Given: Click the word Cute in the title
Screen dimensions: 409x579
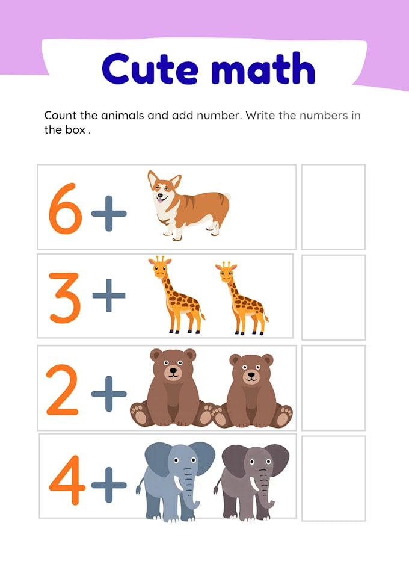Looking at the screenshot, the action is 150,69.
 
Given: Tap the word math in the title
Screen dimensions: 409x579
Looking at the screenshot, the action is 263,68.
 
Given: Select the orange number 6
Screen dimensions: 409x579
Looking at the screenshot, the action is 65,209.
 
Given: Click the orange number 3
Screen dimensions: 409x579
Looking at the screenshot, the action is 65,297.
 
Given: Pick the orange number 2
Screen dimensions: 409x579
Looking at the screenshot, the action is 63,389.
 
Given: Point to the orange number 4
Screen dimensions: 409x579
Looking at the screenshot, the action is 67,480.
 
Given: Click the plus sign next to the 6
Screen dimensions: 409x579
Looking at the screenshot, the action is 109,214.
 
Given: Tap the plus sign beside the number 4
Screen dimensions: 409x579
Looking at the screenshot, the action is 109,485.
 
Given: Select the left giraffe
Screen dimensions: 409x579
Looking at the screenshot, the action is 177,295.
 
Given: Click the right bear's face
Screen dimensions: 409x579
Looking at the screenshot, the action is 251,370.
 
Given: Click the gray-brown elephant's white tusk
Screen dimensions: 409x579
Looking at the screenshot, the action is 254,484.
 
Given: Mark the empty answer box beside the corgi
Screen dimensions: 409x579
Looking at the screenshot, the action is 333,207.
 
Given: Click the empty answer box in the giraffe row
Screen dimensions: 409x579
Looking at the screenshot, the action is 333,297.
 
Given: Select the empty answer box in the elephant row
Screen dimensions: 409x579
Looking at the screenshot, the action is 333,478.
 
